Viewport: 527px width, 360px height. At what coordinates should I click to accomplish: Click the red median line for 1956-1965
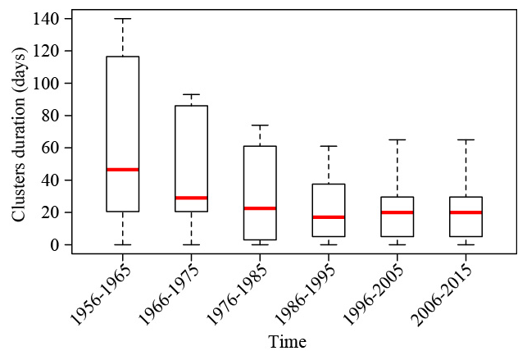point(122,170)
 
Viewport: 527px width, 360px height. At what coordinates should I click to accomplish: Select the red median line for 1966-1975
point(191,198)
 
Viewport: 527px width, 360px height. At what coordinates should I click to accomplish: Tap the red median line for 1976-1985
point(260,208)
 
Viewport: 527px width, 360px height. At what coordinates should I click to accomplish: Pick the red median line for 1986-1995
point(328,217)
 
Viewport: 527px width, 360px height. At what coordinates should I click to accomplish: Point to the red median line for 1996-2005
point(397,212)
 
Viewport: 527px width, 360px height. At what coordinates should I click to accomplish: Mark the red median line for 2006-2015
point(466,212)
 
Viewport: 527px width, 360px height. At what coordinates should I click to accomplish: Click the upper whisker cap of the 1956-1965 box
point(122,19)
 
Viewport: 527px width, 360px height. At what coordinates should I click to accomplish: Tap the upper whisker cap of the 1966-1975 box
point(191,94)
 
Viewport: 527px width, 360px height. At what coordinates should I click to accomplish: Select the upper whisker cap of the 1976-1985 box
point(260,125)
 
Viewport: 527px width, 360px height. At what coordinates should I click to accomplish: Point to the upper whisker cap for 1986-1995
point(328,146)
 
